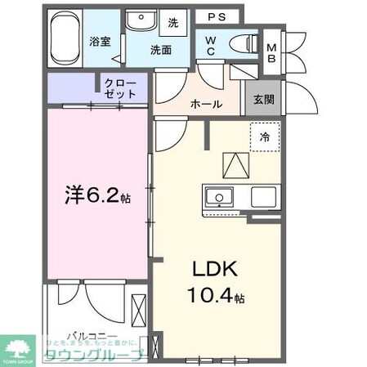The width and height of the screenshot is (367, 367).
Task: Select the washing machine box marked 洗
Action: tap(173, 24)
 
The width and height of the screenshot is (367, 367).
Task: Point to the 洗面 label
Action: tap(159, 49)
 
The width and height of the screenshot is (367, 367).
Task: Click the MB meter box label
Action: tap(271, 51)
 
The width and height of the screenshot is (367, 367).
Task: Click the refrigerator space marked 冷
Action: tap(265, 137)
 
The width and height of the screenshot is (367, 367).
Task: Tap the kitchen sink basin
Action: tap(218, 197)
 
